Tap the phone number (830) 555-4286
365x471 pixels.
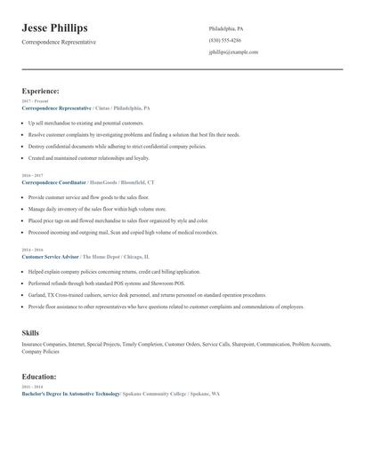[224, 40]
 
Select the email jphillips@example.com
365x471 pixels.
[233, 52]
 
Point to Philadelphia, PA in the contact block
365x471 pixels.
[226, 28]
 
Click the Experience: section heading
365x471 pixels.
[41, 91]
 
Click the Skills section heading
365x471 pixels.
[30, 332]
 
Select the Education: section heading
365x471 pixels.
[39, 376]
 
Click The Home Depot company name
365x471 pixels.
[106, 256]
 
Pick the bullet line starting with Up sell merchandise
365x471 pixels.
[85, 123]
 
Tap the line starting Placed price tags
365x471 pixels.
[118, 220]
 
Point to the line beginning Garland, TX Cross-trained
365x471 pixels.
[147, 295]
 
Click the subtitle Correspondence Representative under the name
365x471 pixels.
[59, 42]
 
